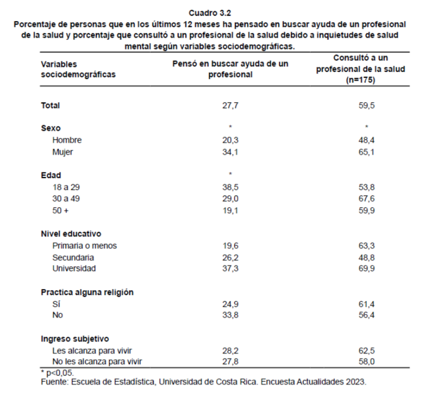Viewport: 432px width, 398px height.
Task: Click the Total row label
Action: [x=50, y=106]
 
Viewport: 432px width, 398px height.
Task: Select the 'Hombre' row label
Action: [x=67, y=140]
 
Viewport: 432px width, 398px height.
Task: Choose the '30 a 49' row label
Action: [x=65, y=200]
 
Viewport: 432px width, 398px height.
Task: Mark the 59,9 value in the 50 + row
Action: [x=366, y=211]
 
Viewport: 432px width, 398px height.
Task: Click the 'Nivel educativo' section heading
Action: [x=71, y=234]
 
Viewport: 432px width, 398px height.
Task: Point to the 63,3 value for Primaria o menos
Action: [x=366, y=246]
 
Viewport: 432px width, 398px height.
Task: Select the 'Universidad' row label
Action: [x=74, y=269]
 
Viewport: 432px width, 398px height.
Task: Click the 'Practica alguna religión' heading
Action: [x=82, y=292]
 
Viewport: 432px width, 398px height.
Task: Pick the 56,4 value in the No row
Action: [x=366, y=315]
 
